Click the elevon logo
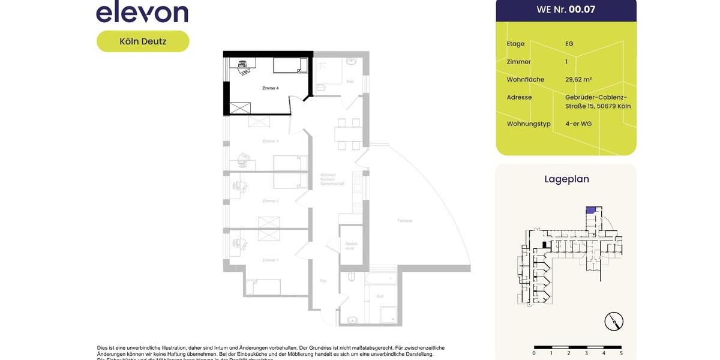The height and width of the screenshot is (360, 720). pos(142,12)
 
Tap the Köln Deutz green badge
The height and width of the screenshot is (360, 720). pos(143,41)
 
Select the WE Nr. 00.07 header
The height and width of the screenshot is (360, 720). pos(566,10)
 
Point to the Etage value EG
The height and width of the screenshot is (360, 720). pos(569,44)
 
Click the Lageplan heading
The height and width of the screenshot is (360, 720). pos(566,179)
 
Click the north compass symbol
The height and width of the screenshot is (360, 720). pos(614,322)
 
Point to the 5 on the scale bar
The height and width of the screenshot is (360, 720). pos(621,353)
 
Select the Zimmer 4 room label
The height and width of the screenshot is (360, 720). pos(270,88)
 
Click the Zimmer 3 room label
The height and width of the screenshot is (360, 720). pos(270,141)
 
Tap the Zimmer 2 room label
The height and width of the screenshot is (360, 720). pos(270,201)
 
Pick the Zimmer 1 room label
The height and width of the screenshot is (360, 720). pos(270,260)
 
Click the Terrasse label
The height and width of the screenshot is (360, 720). pos(404,221)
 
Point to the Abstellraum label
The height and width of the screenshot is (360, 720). pos(351,245)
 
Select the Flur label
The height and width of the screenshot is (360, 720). pos(323,280)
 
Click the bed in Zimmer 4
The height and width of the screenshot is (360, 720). pos(290,65)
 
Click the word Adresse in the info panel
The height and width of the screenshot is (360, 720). pos(519,97)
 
